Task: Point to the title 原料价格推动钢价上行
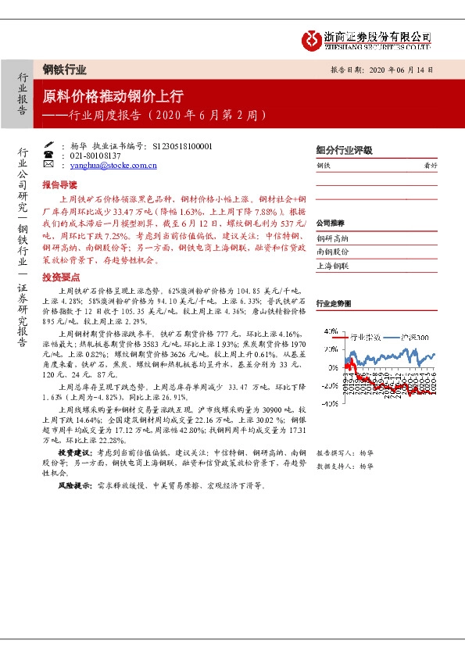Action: [x=113, y=96]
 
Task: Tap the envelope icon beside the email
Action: [x=48, y=166]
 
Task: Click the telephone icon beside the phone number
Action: [x=48, y=156]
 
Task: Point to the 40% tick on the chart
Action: [x=331, y=331]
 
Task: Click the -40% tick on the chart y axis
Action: [x=330, y=402]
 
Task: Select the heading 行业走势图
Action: [x=332, y=302]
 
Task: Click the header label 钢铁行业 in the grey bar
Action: [x=64, y=69]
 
